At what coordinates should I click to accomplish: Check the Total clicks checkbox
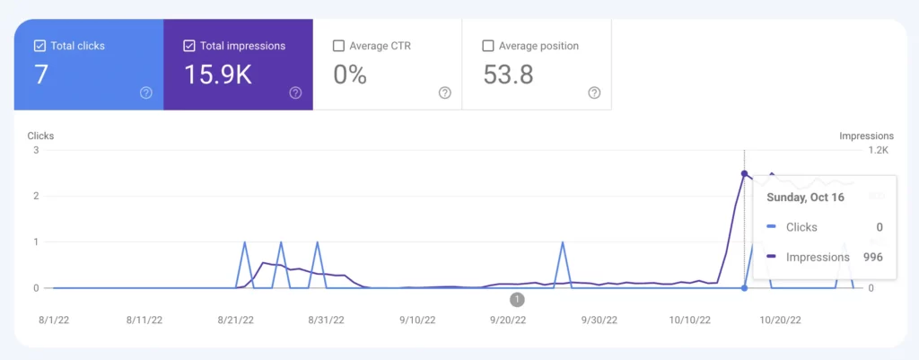coord(39,46)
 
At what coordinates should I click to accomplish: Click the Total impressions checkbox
coord(188,46)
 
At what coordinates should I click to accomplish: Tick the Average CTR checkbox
coord(338,46)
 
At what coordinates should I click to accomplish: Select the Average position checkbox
coord(488,46)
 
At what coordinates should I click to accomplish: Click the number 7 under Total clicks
coord(41,75)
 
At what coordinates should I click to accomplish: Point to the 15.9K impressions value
coord(217,75)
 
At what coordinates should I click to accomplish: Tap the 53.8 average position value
coord(508,75)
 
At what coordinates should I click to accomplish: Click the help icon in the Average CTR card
coord(444,92)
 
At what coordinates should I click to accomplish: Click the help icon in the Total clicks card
coord(146,92)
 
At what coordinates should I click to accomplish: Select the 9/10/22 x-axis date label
coord(417,320)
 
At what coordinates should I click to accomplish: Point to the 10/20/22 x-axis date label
coord(779,320)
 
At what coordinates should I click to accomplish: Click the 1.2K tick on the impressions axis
coord(876,150)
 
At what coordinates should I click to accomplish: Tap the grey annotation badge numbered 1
coord(517,299)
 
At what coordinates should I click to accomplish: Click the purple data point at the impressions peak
coord(744,173)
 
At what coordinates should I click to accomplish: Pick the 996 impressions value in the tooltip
coord(872,257)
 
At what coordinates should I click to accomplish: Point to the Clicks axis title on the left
coord(40,136)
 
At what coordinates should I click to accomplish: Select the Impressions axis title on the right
coord(866,136)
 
